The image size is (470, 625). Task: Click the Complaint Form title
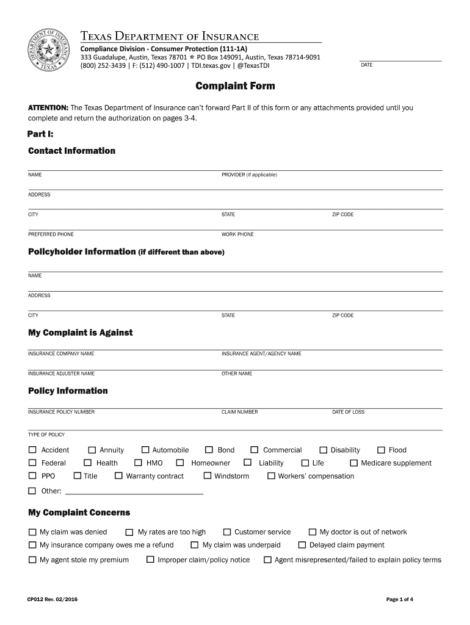pos(235,86)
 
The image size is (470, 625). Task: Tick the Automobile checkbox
pos(146,450)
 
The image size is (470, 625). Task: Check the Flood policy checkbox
pos(382,450)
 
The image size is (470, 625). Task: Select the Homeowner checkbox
pos(180,463)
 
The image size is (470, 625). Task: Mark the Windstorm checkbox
pos(208,476)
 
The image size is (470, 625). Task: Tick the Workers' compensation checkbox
pos(271,476)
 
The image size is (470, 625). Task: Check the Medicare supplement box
pos(353,463)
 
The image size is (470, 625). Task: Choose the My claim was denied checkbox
pos(32,532)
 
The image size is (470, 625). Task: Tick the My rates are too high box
pos(129,532)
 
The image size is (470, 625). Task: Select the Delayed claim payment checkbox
pos(302,545)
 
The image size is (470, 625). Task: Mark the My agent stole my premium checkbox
pos(32,560)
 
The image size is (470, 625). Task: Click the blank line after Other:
pos(134,491)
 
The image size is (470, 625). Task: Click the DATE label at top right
pos(367,65)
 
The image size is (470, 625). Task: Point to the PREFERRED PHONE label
pos(51,234)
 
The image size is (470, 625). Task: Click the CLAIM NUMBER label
pos(239,412)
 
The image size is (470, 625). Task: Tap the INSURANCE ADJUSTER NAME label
pos(61,374)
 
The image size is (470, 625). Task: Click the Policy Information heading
pos(68,391)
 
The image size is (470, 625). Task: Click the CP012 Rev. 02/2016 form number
pos(52,599)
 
